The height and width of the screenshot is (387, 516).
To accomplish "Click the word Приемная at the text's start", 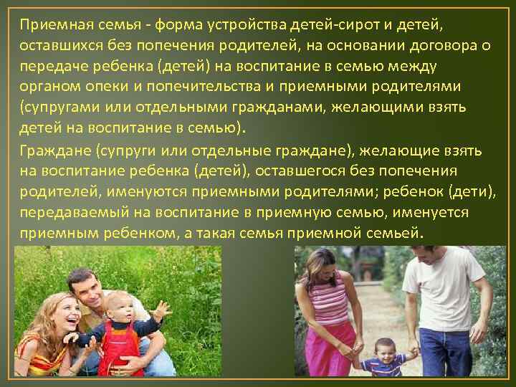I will coord(49,27).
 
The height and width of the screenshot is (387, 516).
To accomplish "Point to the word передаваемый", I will coord(67,215).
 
